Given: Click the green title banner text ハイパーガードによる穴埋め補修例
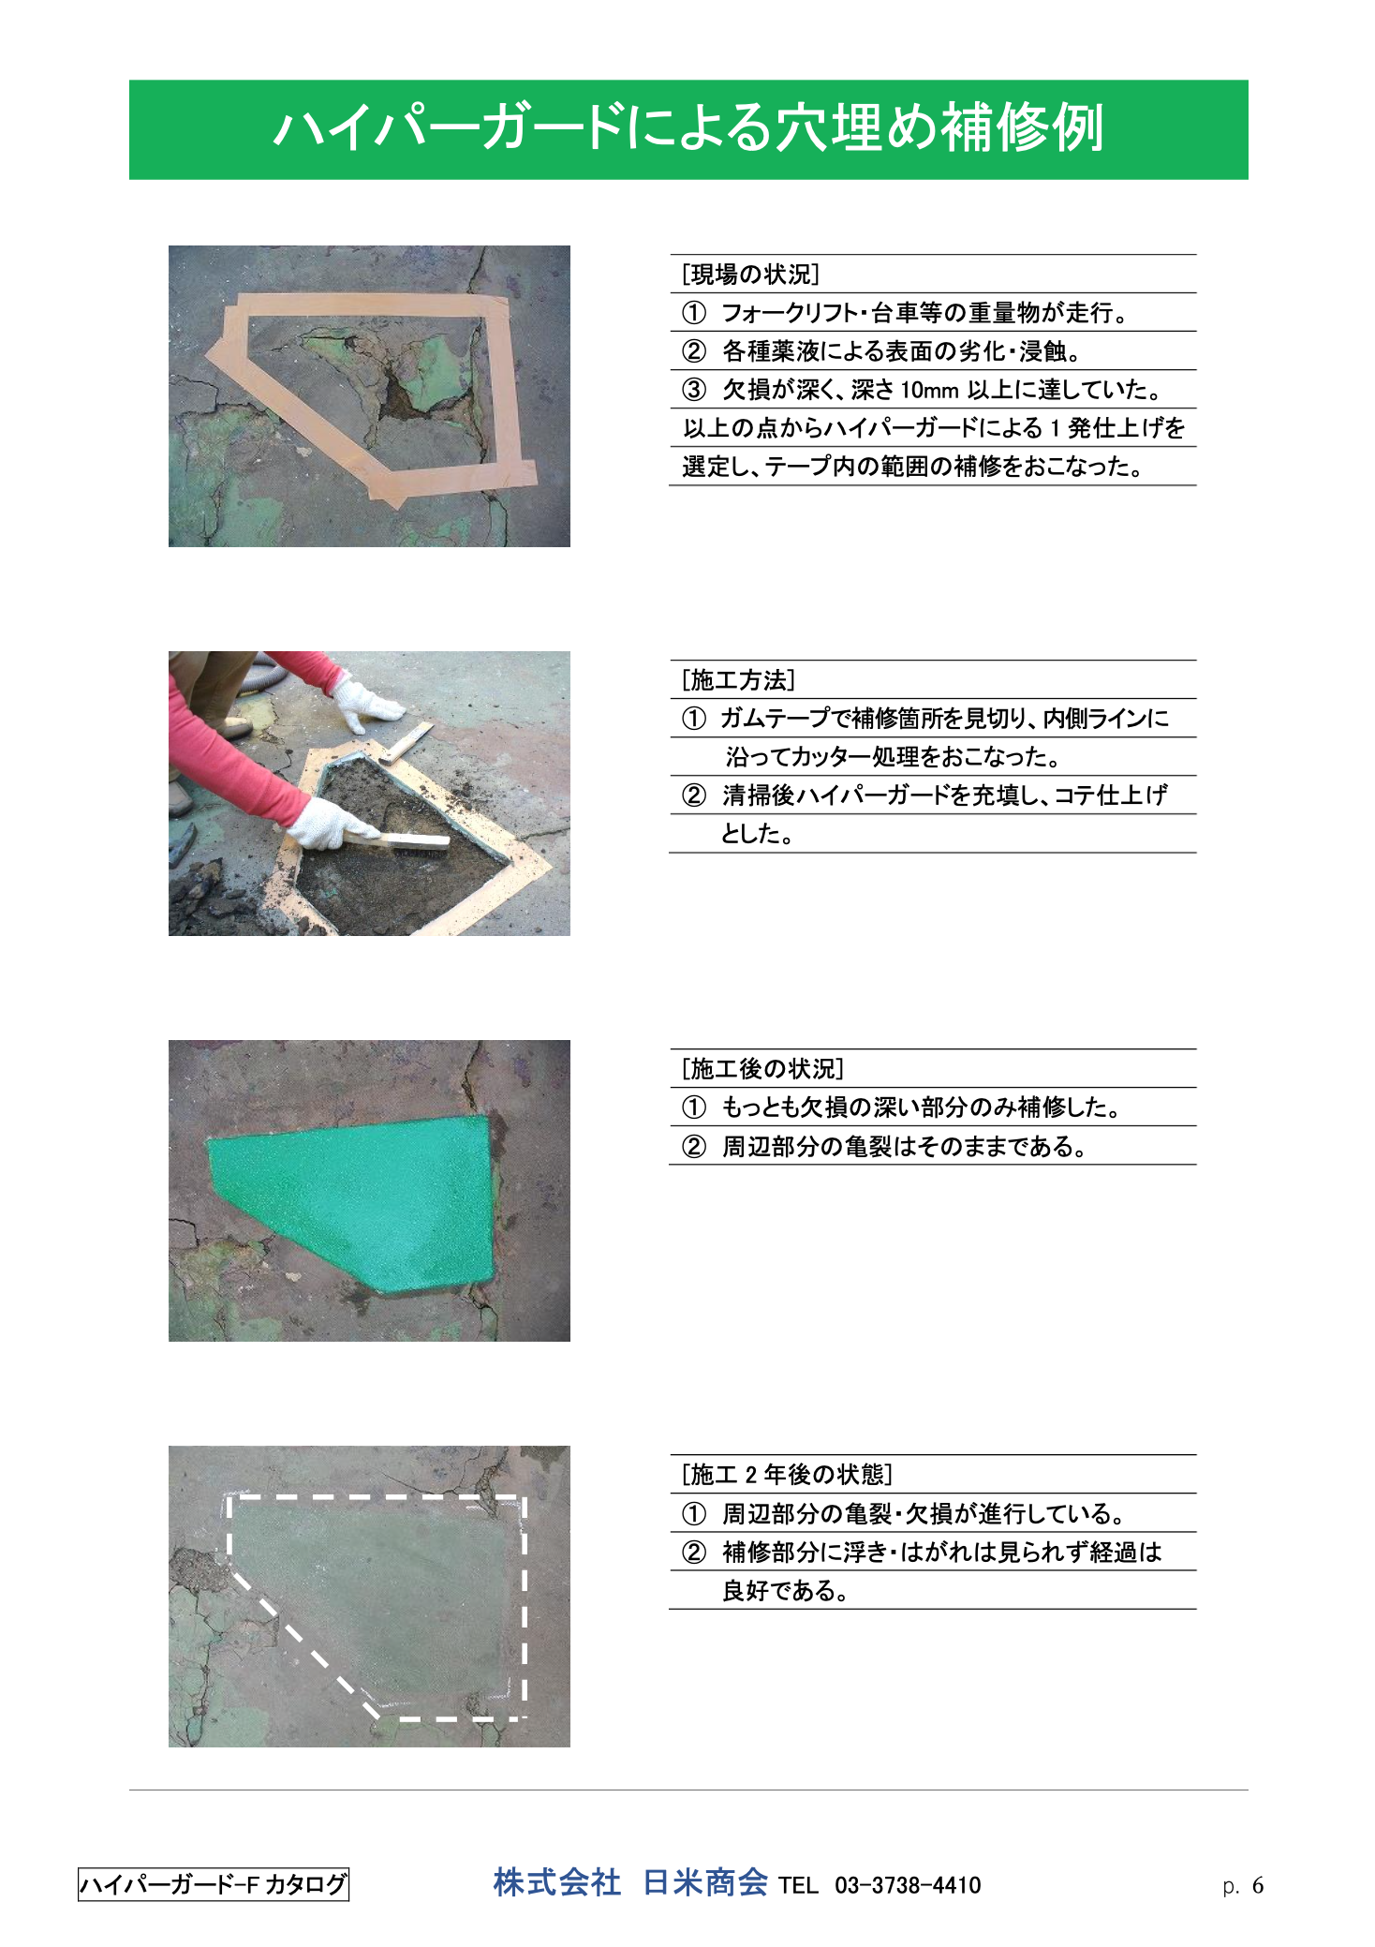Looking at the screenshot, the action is (x=688, y=128).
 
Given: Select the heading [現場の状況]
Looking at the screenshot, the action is (x=750, y=275).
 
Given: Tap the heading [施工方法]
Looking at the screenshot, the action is (x=738, y=680).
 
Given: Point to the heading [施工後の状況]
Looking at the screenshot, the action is (x=762, y=1069).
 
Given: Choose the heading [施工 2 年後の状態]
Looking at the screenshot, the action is (x=787, y=1475).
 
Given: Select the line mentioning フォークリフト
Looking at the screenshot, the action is (x=905, y=313).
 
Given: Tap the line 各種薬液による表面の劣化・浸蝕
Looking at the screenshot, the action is (x=881, y=351).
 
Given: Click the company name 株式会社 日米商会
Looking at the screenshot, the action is (x=630, y=1882).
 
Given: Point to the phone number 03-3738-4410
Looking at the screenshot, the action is (x=908, y=1885).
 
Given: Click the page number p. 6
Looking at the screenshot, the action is (x=1243, y=1885).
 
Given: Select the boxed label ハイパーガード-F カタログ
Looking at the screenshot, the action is (x=214, y=1884).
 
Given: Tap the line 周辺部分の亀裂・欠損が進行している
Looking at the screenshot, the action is (x=904, y=1514).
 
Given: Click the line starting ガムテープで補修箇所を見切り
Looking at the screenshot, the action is (x=925, y=719).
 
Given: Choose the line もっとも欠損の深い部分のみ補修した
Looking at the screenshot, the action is (x=902, y=1107).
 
